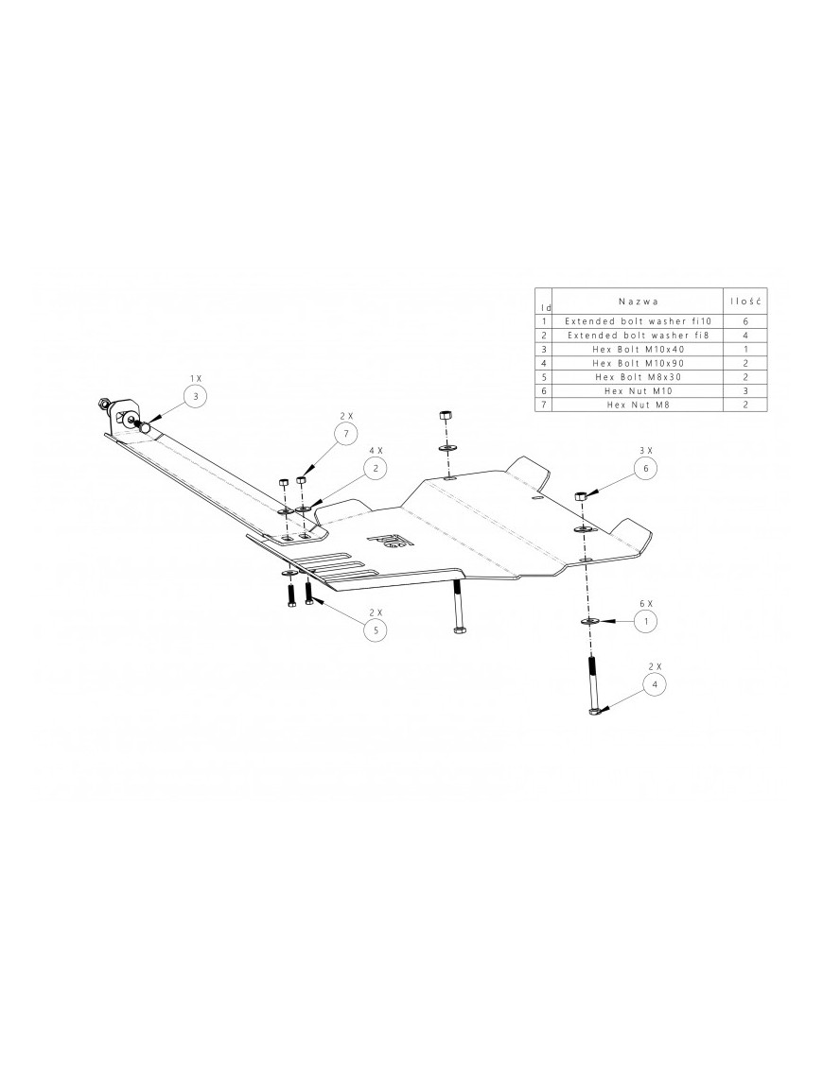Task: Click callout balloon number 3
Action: pos(195,397)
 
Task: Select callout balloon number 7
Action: pos(346,433)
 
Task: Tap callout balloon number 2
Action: pos(376,468)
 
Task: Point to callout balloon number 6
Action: pos(645,468)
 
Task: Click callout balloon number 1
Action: pos(645,621)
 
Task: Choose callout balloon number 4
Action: pos(655,683)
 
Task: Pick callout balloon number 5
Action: pos(376,629)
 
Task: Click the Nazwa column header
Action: pos(639,301)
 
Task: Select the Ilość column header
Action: pos(745,301)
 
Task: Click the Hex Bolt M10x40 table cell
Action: pos(639,349)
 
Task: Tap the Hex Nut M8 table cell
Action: pos(639,405)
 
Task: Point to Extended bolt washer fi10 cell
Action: pos(639,321)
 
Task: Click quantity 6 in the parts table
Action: pos(745,321)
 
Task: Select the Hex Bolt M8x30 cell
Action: pos(639,377)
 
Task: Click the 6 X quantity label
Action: pos(645,604)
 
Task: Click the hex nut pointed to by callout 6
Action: pos(582,495)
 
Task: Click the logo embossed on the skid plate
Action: pos(391,541)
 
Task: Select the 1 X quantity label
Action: pos(195,377)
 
